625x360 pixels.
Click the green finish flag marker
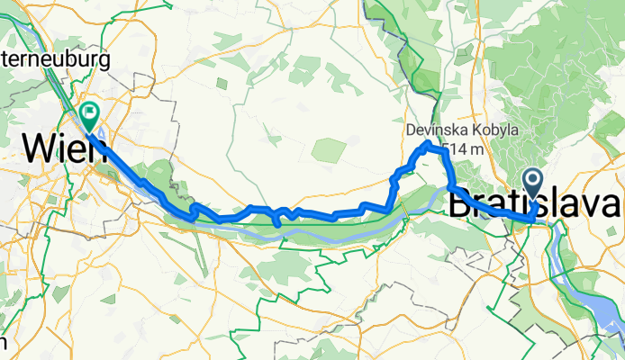click(90, 114)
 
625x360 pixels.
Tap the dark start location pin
click(532, 184)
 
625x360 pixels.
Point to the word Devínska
click(434, 130)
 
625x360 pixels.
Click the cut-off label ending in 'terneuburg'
click(55, 60)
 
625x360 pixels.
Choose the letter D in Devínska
click(411, 130)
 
